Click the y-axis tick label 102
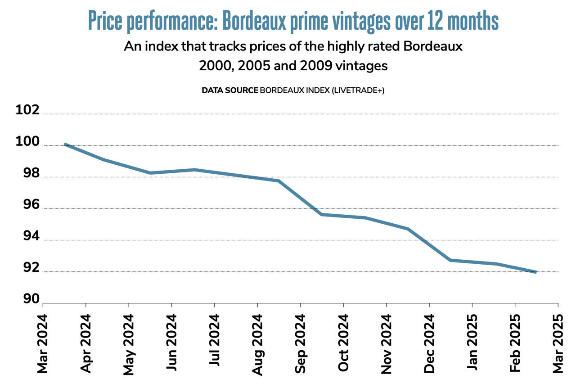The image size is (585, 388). click(27, 111)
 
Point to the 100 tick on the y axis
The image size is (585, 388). click(27, 142)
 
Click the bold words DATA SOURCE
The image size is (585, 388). click(229, 90)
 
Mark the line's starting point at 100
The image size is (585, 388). click(65, 144)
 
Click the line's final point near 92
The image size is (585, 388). click(535, 272)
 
